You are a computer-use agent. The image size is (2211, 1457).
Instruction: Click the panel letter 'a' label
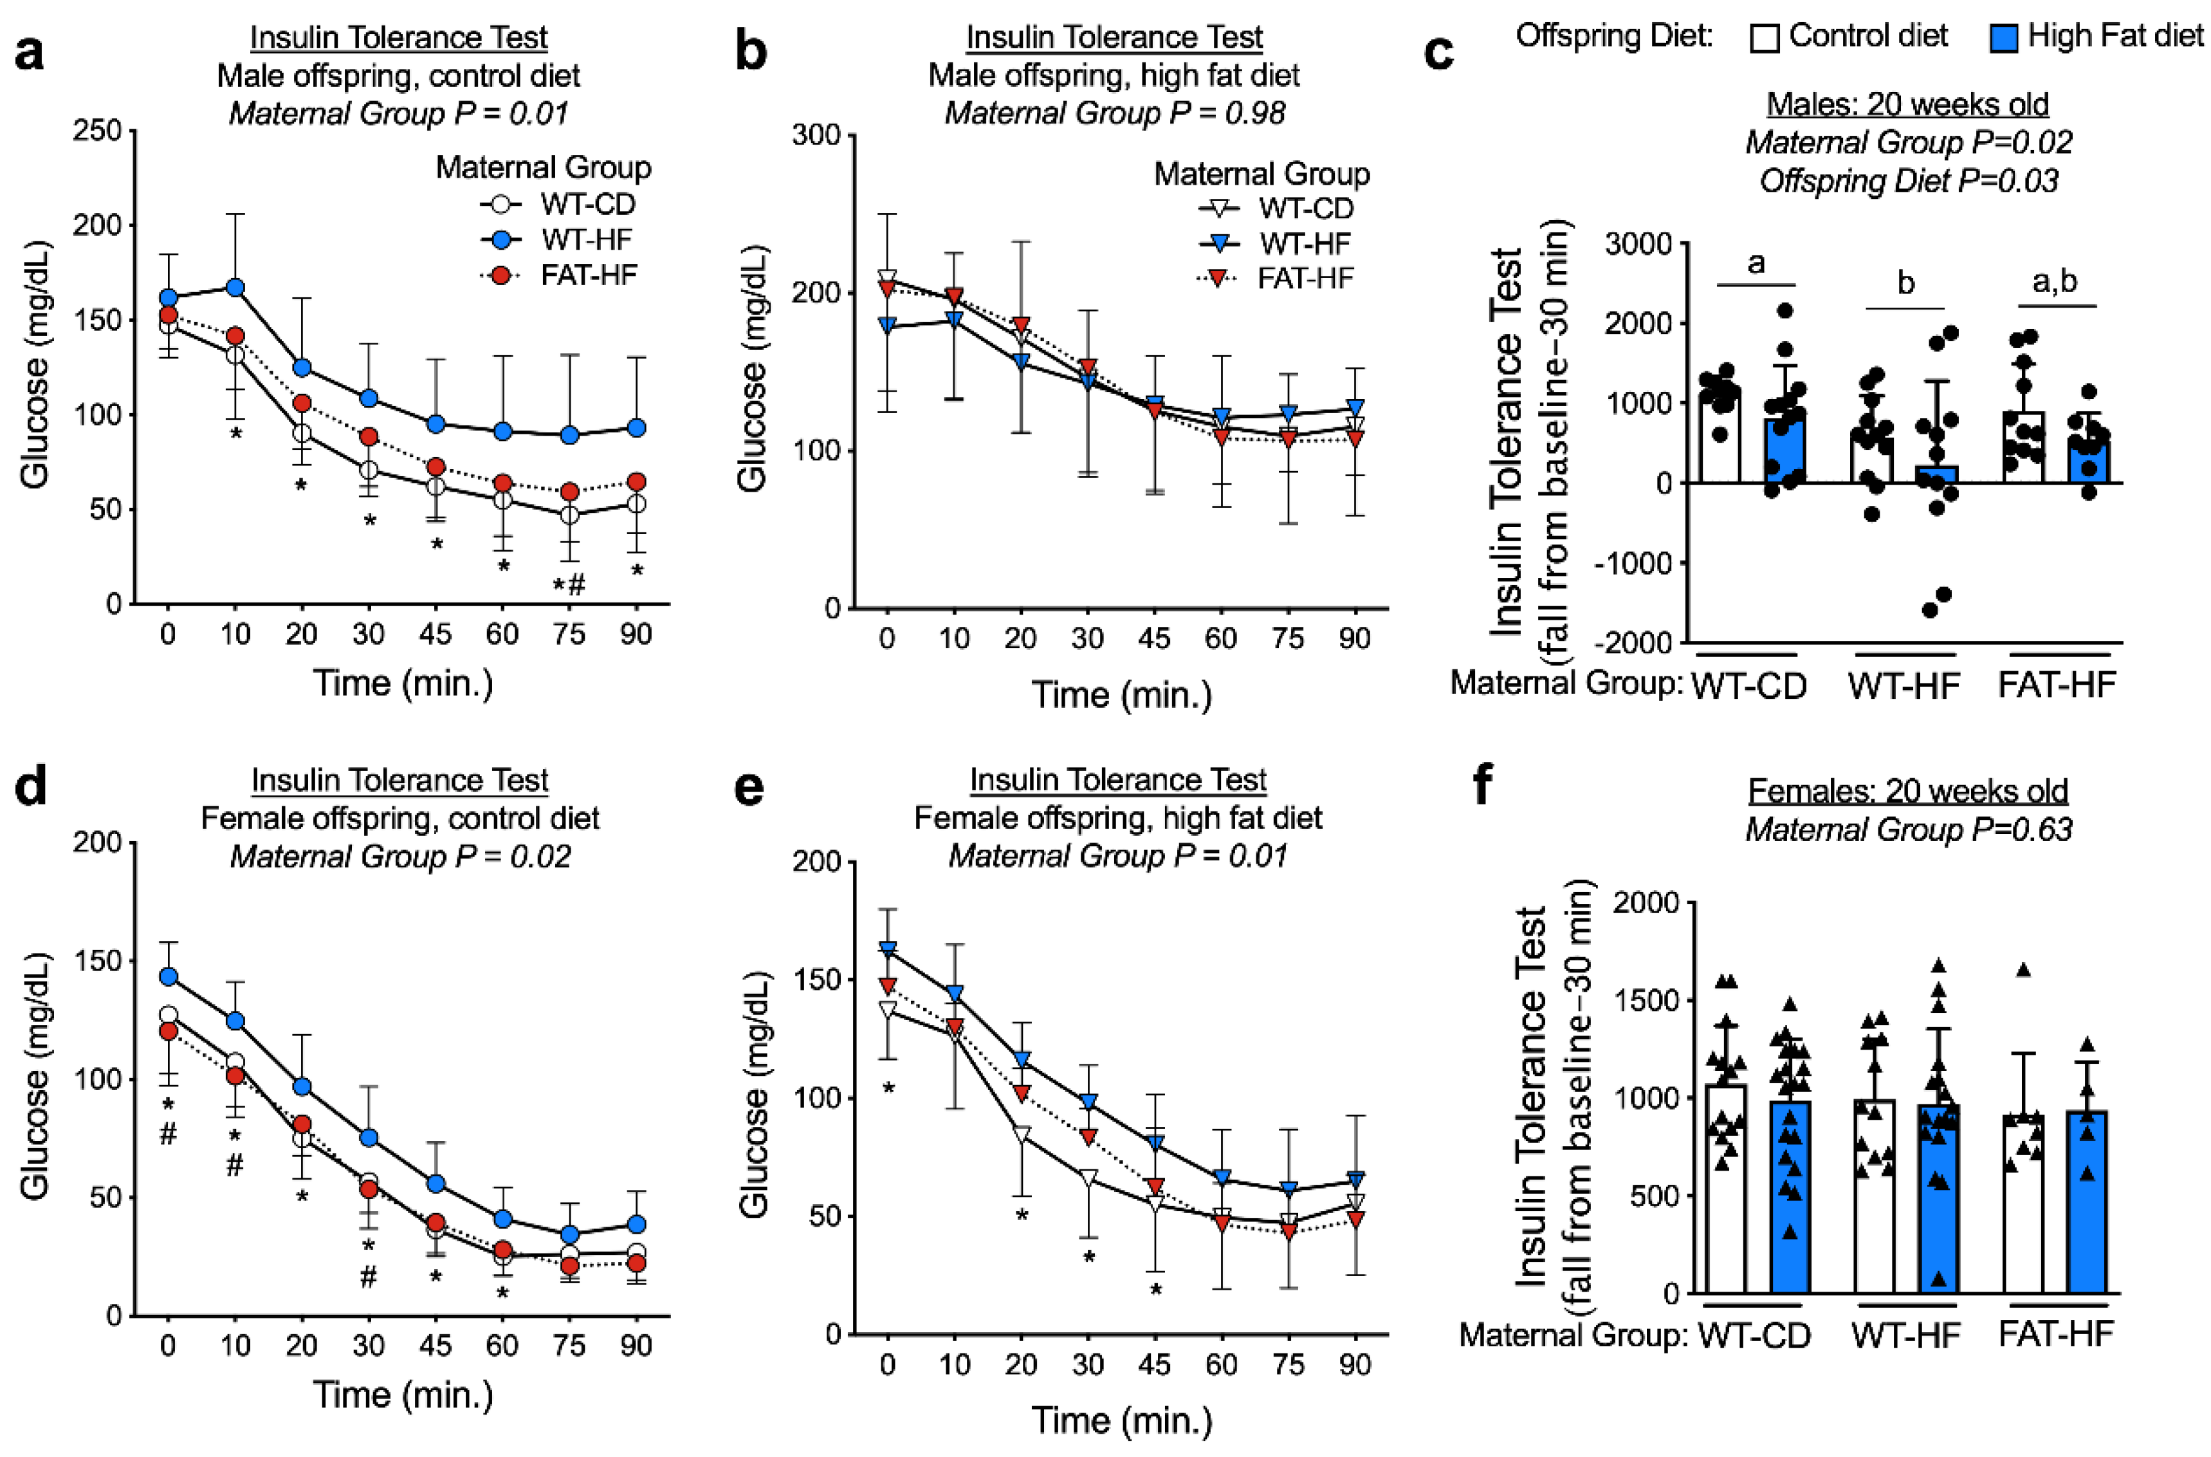click(x=30, y=54)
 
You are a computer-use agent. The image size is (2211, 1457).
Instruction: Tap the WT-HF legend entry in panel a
click(x=557, y=240)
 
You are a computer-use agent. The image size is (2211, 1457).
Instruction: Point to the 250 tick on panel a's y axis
click(x=98, y=131)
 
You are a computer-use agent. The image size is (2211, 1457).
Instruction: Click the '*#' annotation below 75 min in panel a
click(x=569, y=584)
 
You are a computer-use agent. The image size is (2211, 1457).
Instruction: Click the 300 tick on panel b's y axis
click(x=816, y=136)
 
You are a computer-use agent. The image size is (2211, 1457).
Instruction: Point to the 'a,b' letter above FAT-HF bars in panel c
click(x=2055, y=281)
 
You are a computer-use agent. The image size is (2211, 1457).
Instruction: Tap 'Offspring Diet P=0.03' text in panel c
click(x=1908, y=180)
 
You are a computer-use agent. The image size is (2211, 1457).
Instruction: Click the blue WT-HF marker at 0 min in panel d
click(x=168, y=977)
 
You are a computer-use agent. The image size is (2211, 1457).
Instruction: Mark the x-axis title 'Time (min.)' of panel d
click(x=402, y=1395)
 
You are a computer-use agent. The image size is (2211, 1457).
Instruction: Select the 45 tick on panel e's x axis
click(x=1155, y=1364)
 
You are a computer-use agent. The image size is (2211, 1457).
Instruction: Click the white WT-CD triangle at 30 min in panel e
click(x=1088, y=1178)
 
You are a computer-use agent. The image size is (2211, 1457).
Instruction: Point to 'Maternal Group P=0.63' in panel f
click(x=1908, y=829)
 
